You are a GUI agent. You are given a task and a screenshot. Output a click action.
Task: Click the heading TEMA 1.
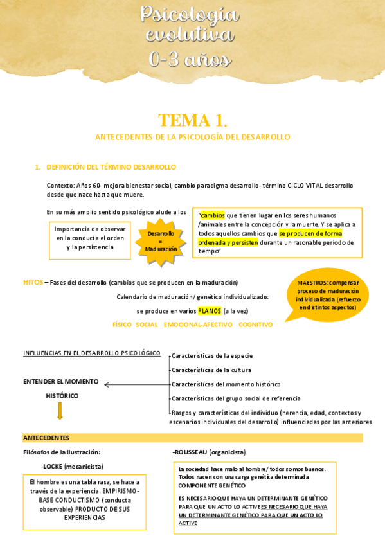(192, 120)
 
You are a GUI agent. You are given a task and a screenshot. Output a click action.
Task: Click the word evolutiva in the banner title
(190, 35)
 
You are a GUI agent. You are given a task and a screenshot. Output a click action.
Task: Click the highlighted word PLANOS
(209, 311)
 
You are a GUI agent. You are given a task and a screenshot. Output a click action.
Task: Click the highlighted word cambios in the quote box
(213, 215)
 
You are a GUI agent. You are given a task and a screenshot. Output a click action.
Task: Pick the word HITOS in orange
(32, 282)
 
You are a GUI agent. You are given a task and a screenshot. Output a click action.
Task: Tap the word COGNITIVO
(255, 325)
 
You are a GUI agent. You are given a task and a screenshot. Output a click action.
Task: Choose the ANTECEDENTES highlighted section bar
(192, 438)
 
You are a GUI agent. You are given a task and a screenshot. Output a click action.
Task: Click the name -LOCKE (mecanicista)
(72, 466)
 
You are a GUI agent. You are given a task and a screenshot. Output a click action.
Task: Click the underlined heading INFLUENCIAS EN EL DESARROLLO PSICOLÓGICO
(91, 353)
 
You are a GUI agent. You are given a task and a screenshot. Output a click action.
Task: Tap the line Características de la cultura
(211, 370)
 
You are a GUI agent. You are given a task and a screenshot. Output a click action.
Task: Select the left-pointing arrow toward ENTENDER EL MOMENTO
(135, 385)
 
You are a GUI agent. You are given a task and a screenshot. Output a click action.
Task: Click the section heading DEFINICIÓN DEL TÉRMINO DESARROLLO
(111, 167)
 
